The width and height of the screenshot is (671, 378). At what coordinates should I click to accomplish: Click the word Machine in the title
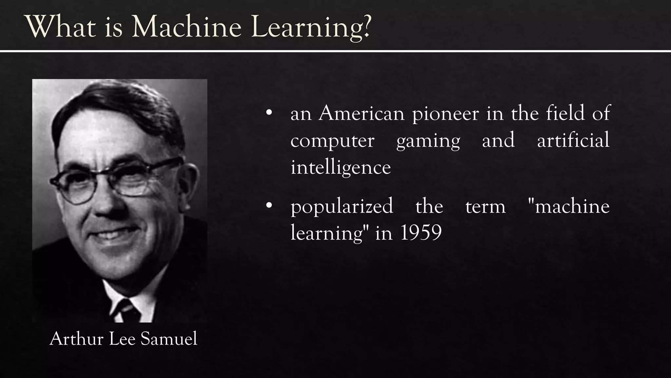[186, 27]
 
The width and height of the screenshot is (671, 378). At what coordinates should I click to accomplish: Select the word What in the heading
[60, 27]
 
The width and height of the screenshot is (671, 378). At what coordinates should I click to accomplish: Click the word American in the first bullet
[361, 114]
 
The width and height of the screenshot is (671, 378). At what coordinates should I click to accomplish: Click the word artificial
[573, 140]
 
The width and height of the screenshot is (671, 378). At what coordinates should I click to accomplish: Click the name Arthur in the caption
[77, 339]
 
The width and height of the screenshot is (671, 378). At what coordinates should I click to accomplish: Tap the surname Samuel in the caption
[169, 339]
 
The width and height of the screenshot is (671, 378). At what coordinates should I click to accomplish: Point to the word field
[565, 113]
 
